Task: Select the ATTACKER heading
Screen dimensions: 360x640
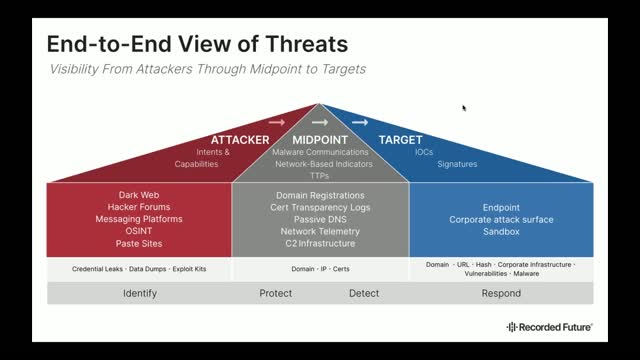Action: pyautogui.click(x=240, y=139)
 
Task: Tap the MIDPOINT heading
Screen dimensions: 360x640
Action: pyautogui.click(x=320, y=139)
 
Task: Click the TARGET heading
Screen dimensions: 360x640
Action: pyautogui.click(x=400, y=139)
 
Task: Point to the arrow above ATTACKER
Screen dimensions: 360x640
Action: pyautogui.click(x=277, y=123)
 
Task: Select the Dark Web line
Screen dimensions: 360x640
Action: pyautogui.click(x=139, y=195)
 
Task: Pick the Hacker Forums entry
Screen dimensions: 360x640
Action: pyautogui.click(x=139, y=207)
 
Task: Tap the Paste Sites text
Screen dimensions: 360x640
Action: pyautogui.click(x=139, y=243)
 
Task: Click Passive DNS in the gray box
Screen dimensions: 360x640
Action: pyautogui.click(x=320, y=219)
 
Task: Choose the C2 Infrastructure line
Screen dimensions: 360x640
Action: pyautogui.click(x=320, y=243)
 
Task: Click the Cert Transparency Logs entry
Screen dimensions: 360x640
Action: pyautogui.click(x=320, y=207)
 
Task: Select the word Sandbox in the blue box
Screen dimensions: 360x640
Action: pyautogui.click(x=501, y=231)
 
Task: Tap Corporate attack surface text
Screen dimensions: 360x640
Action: pyautogui.click(x=501, y=219)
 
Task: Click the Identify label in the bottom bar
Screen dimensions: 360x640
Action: pyautogui.click(x=139, y=293)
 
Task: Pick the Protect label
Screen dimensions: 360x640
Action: pyautogui.click(x=275, y=293)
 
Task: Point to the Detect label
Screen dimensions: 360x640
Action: pyautogui.click(x=363, y=293)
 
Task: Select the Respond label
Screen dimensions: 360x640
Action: pyautogui.click(x=501, y=293)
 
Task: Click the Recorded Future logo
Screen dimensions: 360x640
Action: pyautogui.click(x=549, y=327)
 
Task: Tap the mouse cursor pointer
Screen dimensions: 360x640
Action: pyautogui.click(x=463, y=108)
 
